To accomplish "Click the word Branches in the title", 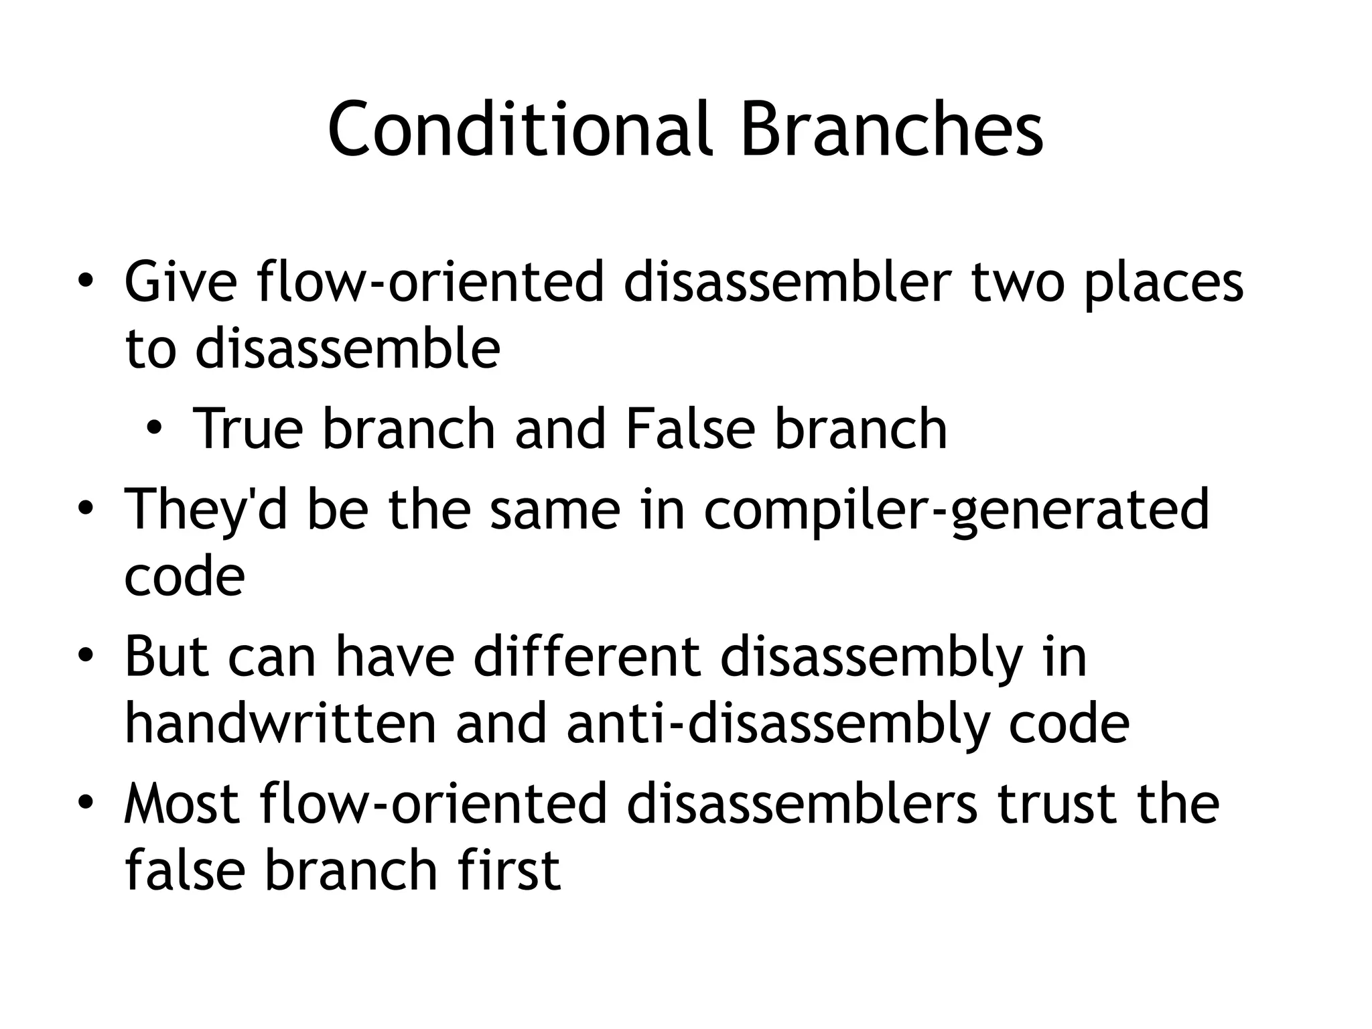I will click(x=892, y=129).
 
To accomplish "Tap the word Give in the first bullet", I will click(x=180, y=283).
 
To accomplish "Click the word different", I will click(x=587, y=657).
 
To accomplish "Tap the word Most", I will click(x=182, y=804).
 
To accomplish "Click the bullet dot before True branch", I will click(x=155, y=429).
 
